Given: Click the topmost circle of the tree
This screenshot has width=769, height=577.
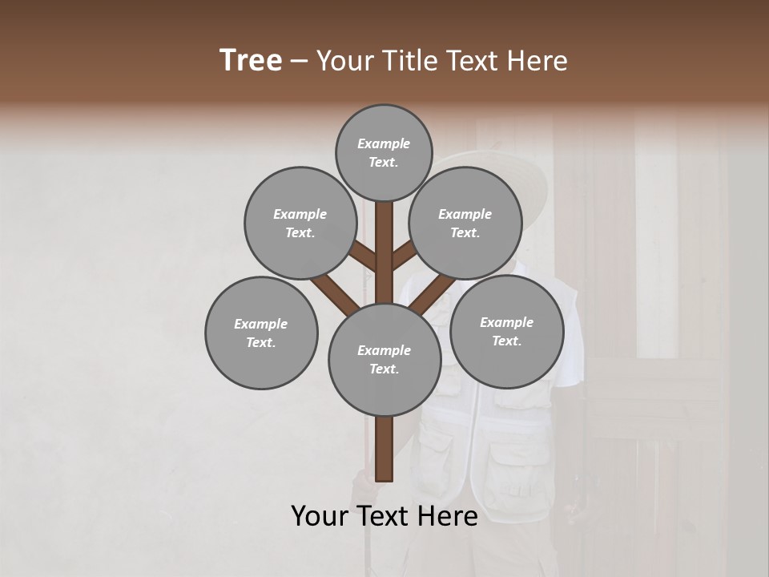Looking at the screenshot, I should (x=384, y=152).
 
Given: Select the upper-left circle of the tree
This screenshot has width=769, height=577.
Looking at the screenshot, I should (x=300, y=223).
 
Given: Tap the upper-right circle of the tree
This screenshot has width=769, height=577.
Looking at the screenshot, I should (x=465, y=223).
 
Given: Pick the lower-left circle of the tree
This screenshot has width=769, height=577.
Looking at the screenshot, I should (x=261, y=333).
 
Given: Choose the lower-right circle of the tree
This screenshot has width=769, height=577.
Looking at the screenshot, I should (x=506, y=331).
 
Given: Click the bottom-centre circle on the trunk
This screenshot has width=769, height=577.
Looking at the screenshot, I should (x=384, y=359).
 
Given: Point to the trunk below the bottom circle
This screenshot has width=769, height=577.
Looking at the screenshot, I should (x=384, y=449).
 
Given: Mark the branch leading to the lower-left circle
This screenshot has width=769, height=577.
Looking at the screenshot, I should (x=335, y=293).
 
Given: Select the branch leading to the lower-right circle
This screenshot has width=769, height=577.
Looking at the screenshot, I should (x=433, y=294).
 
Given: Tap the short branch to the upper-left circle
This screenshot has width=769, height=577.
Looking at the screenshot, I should (x=363, y=257).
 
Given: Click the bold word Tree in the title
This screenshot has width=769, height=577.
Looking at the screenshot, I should (x=251, y=60).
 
